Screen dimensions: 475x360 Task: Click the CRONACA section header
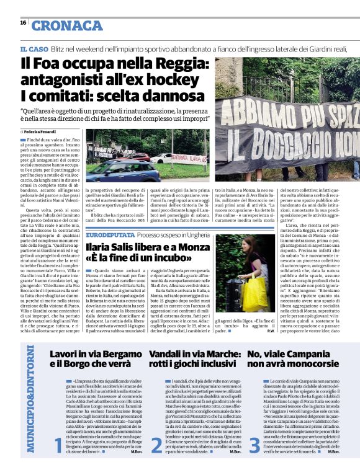click(68, 25)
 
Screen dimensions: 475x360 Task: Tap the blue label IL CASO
click(34, 49)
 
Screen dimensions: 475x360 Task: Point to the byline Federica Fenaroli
click(42, 132)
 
